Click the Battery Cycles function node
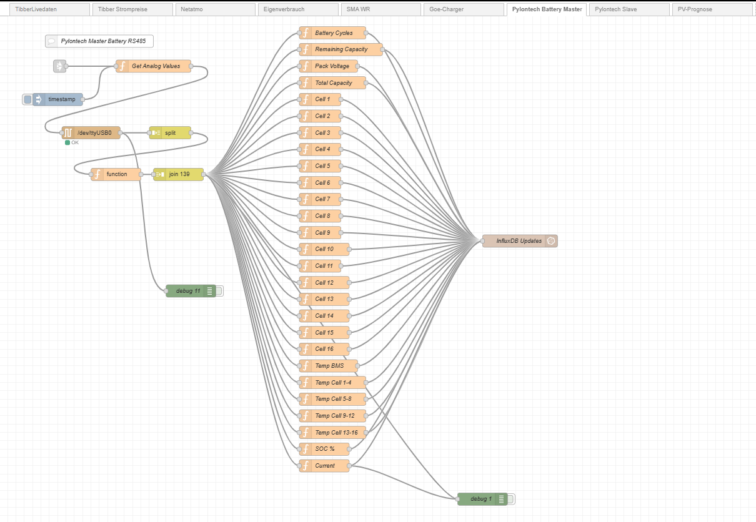coord(333,33)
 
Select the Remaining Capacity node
coord(341,49)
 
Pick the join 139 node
coord(179,174)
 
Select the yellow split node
coord(170,132)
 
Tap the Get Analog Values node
coord(155,66)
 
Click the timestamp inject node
coord(61,99)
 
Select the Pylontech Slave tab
coord(628,9)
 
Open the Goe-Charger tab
coord(462,9)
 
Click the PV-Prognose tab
coord(712,9)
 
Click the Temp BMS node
coord(329,366)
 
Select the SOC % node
coord(324,449)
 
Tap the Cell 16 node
coord(324,349)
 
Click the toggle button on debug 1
coord(511,499)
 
